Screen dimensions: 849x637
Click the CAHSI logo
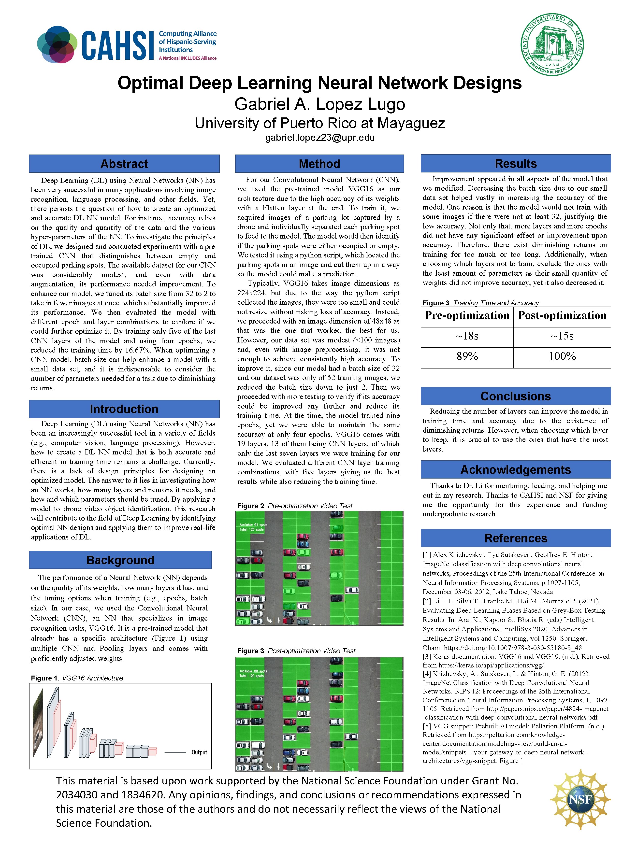pos(127,44)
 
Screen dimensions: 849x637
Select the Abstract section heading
pos(124,164)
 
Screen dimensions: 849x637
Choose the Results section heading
pos(515,164)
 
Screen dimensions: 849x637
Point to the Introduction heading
pos(124,409)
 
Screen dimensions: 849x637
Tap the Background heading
pos(120,560)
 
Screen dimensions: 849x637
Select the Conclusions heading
pos(515,396)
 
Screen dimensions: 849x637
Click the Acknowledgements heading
pos(515,470)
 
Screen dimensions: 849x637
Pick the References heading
pos(515,538)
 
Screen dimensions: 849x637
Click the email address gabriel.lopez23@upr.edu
pos(319,138)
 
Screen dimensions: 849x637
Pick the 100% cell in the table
pos(562,356)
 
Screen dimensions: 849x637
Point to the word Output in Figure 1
pos(199,752)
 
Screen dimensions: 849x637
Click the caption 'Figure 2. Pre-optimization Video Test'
pos(294,506)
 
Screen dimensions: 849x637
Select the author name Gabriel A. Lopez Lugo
pos(319,104)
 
